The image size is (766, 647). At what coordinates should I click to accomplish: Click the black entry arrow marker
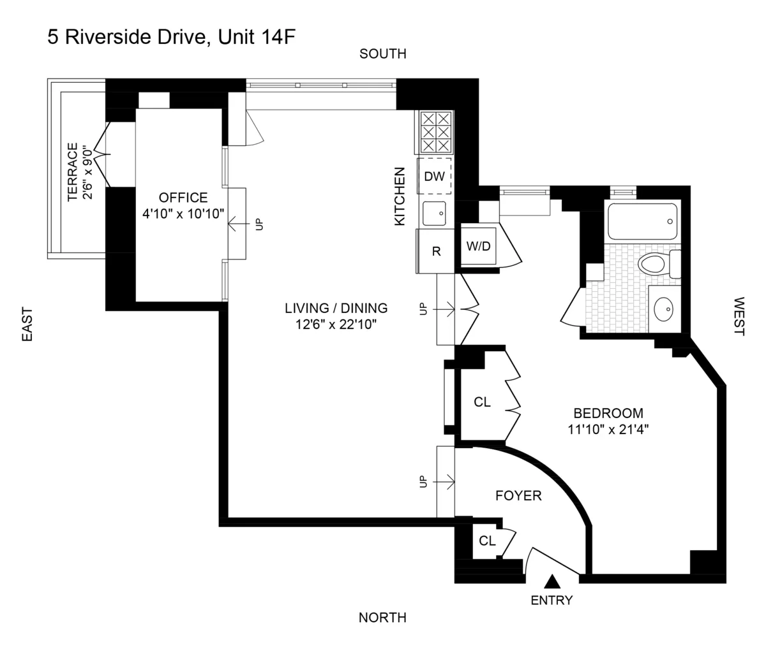553,581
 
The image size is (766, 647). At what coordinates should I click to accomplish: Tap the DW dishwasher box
435,176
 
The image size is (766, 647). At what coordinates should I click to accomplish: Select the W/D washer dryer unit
478,246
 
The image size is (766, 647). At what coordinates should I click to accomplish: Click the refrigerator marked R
436,251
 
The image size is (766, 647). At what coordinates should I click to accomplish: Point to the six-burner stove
435,132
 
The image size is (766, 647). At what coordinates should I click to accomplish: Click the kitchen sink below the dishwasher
435,212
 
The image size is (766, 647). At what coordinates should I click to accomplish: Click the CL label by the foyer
487,541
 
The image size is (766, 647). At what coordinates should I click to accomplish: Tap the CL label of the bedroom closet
482,402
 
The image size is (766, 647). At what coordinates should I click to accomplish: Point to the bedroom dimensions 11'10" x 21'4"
608,429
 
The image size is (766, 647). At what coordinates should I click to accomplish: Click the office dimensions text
183,214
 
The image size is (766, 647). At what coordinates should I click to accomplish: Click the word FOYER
518,495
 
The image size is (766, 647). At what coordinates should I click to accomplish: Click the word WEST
739,316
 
